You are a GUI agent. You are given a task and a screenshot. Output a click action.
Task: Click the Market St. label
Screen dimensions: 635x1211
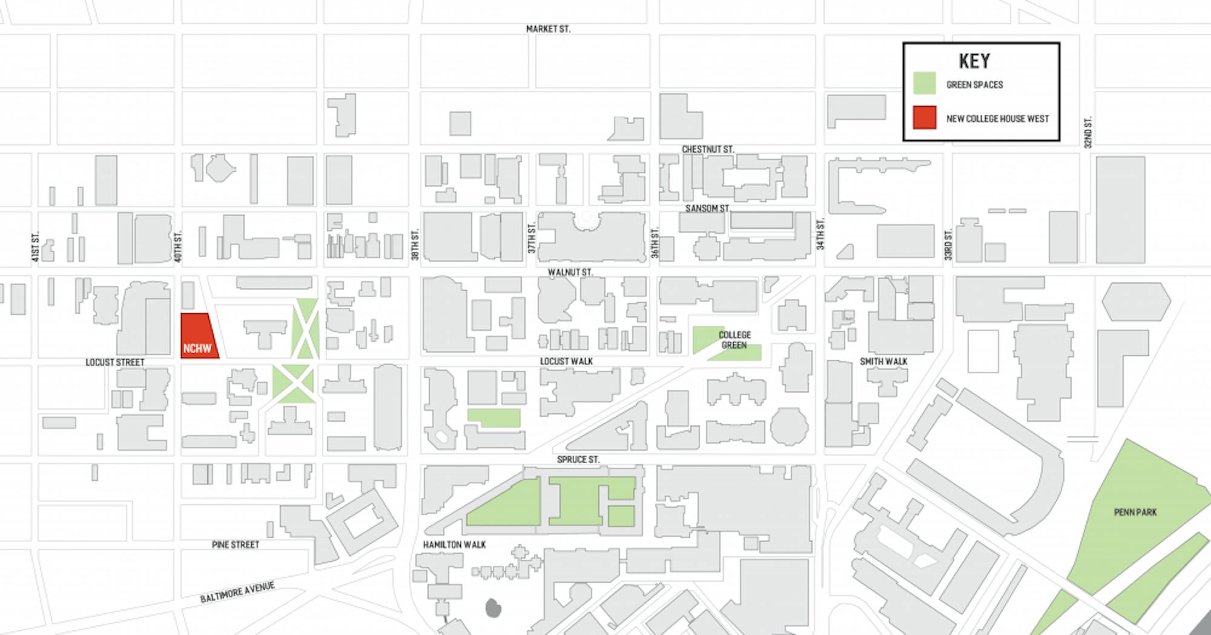548,28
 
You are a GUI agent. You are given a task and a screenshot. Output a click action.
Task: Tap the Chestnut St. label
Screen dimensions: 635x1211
707,149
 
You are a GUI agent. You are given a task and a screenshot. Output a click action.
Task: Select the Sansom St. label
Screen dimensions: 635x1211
707,208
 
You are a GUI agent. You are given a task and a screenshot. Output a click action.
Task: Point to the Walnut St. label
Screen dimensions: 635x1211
570,272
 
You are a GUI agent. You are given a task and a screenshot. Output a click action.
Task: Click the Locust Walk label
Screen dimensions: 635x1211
566,361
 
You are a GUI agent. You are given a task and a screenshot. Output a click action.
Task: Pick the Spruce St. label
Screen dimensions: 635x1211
578,459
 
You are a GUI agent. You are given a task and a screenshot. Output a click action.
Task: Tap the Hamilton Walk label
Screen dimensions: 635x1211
454,545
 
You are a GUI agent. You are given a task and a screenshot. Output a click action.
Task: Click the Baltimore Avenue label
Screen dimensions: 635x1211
237,591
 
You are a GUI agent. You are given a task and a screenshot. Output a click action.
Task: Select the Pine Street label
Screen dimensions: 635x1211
236,545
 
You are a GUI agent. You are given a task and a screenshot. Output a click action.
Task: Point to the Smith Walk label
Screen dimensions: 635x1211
883,361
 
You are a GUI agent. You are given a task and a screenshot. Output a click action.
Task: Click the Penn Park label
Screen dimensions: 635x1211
1135,512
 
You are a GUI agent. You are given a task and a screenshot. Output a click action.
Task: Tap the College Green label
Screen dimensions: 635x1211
734,340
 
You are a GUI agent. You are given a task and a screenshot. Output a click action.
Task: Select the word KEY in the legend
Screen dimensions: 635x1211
974,61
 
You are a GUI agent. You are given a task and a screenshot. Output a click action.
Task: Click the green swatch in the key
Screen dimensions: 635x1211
925,84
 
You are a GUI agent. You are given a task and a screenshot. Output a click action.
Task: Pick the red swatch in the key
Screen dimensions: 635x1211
925,118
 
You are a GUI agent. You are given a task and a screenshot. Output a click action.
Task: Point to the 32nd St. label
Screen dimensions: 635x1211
1087,133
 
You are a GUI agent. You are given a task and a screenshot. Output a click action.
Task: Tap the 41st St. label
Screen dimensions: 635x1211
35,247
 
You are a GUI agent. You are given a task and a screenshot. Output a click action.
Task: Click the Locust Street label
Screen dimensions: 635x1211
115,362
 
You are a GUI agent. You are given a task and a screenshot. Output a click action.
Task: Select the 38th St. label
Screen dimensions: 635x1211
415,245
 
